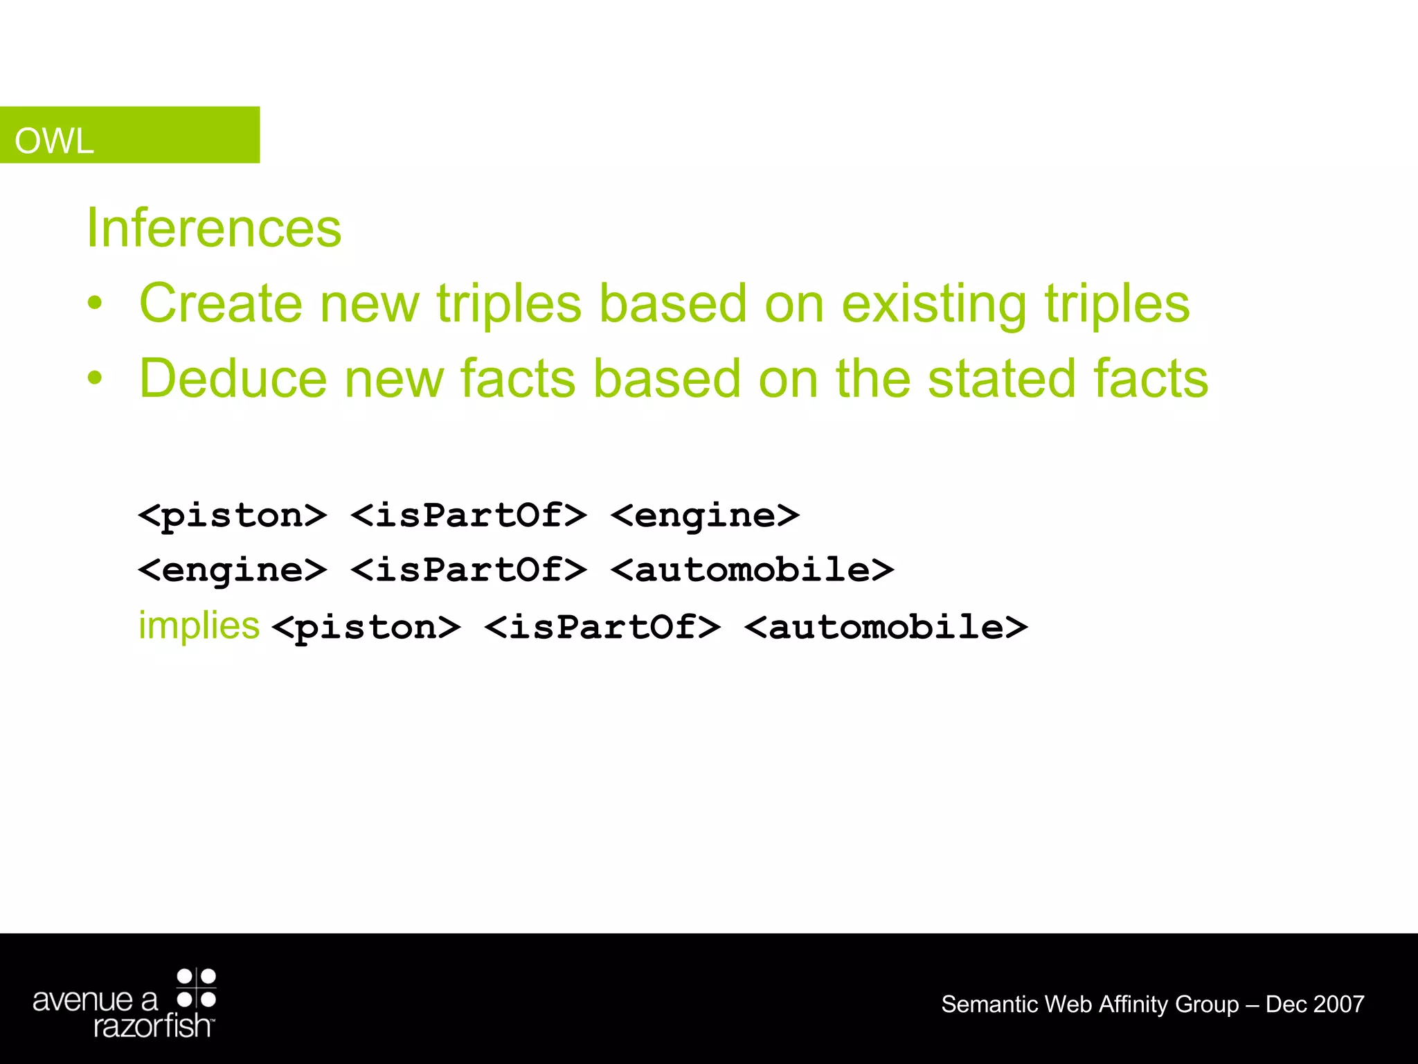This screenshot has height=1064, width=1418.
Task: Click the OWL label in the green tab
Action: [54, 141]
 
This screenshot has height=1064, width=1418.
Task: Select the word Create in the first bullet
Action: [221, 303]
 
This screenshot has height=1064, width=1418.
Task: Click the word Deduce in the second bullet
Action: [233, 379]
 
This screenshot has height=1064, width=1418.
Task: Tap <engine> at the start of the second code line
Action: [233, 571]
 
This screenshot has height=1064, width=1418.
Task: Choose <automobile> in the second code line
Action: [753, 571]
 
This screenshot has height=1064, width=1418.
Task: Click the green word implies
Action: [199, 626]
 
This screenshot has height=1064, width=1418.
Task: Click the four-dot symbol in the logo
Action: [197, 988]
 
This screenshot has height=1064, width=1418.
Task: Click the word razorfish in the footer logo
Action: [153, 1026]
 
